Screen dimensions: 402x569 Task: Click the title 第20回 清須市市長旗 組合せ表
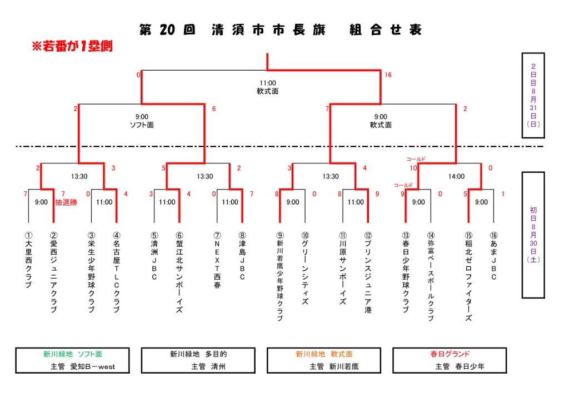[281, 30]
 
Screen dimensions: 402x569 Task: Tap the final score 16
[388, 75]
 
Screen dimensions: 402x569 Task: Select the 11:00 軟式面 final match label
[267, 87]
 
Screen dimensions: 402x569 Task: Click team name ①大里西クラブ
[28, 261]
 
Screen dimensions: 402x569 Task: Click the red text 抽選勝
[66, 202]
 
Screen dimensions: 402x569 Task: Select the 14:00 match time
[456, 176]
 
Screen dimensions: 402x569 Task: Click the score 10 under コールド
[413, 168]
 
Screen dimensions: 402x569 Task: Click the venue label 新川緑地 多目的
[198, 354]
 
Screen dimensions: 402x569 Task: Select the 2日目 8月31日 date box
[533, 95]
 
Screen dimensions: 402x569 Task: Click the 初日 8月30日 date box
[533, 235]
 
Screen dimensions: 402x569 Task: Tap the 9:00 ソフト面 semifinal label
[142, 121]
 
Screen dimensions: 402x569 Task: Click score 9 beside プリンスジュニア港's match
[377, 193]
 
